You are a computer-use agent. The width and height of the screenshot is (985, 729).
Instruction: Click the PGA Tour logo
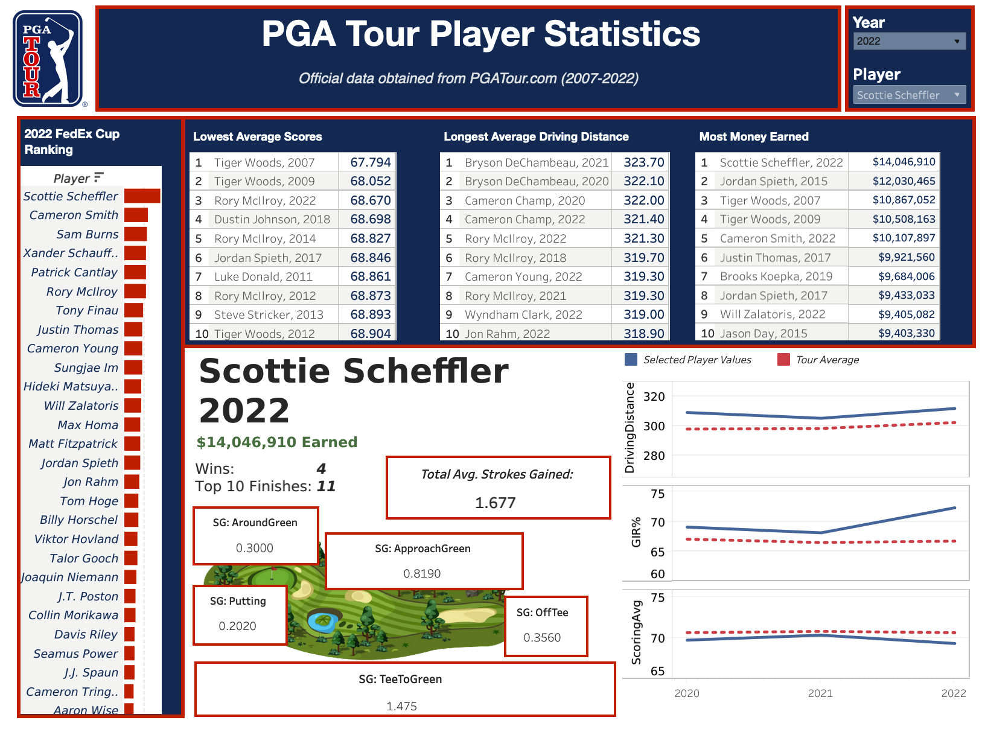[48, 59]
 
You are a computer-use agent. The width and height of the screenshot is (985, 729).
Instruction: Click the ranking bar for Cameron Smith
[136, 215]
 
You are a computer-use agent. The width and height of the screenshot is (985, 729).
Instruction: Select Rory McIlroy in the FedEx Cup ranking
[82, 291]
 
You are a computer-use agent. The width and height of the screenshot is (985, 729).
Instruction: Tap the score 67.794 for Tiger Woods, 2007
[371, 162]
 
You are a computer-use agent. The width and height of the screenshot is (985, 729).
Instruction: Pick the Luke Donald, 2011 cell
[263, 276]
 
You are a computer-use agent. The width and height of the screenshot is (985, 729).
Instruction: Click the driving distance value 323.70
[643, 162]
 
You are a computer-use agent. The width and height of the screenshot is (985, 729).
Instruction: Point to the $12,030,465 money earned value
[904, 181]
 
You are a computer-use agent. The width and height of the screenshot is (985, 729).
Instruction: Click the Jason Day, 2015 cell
[763, 333]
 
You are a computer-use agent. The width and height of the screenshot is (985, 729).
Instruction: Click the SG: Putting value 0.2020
[237, 626]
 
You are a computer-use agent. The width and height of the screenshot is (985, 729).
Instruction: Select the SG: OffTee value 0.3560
[542, 637]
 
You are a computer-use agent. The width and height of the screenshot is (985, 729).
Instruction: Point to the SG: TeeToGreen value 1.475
[401, 706]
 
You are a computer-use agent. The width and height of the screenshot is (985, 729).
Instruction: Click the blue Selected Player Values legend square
[631, 360]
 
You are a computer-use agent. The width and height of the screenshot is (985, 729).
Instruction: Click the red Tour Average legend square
[783, 360]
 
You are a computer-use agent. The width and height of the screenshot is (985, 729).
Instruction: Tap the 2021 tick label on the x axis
[820, 693]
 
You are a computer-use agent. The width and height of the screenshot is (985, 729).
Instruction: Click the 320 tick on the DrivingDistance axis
[654, 396]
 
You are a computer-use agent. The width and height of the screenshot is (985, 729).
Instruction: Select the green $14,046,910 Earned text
[277, 442]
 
